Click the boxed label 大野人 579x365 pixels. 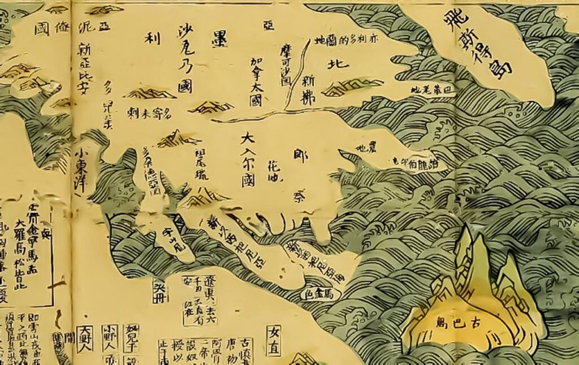pos(85,338)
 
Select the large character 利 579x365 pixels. pos(153,39)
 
